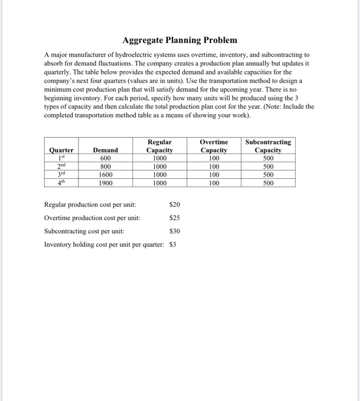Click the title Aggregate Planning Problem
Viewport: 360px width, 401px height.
(179, 41)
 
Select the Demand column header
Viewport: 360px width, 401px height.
(105, 151)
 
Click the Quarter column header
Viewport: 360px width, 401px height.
(61, 151)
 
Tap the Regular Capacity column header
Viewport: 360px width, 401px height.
(159, 146)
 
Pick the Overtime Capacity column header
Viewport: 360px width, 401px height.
(214, 146)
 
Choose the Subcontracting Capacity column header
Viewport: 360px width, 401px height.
(268, 146)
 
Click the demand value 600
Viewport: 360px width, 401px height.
(105, 159)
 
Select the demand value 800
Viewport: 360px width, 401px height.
(105, 167)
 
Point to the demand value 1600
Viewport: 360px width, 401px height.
(105, 175)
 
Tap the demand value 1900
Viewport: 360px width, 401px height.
(105, 183)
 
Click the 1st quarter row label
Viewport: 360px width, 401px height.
(61, 159)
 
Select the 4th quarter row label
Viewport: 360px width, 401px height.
(61, 183)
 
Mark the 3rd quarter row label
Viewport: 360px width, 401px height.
(61, 175)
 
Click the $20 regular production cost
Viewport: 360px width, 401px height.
(175, 205)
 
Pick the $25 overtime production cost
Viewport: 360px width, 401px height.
(175, 218)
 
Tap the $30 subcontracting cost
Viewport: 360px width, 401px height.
(175, 231)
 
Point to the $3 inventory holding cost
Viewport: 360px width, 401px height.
(174, 245)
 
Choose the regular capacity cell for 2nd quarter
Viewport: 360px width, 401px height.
(159, 167)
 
